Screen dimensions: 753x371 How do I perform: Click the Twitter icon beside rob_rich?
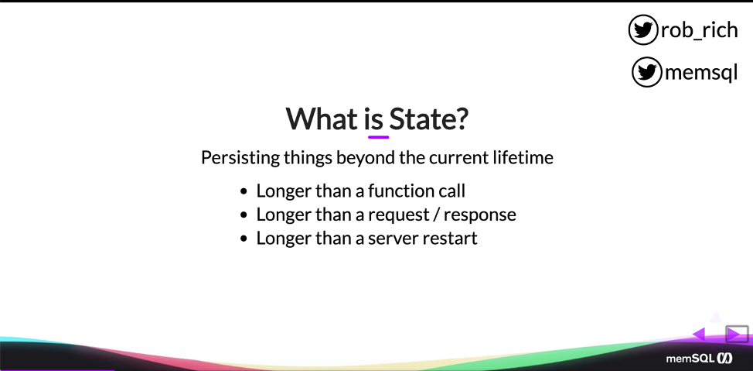(642, 30)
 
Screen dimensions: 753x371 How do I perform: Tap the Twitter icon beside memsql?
(646, 72)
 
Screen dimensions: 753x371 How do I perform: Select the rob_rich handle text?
(699, 30)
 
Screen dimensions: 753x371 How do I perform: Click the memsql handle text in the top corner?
(701, 73)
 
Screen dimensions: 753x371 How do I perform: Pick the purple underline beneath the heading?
(378, 137)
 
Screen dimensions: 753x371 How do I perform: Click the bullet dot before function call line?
(244, 192)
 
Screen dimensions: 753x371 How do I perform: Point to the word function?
(400, 191)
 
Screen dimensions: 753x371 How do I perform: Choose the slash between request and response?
(438, 215)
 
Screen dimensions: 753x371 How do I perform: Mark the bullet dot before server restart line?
(244, 239)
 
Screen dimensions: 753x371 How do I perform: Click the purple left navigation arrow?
(699, 334)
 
